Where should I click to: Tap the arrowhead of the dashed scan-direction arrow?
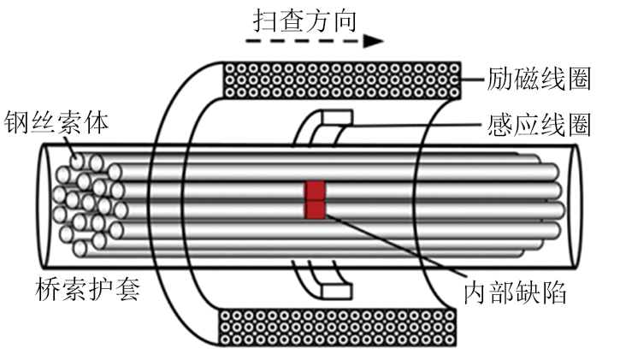coord(371,40)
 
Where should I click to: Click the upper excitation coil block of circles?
coord(342,79)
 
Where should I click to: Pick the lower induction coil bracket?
coord(321,282)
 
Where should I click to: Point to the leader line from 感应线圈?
coord(410,126)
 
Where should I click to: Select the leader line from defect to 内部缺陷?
coord(393,248)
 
